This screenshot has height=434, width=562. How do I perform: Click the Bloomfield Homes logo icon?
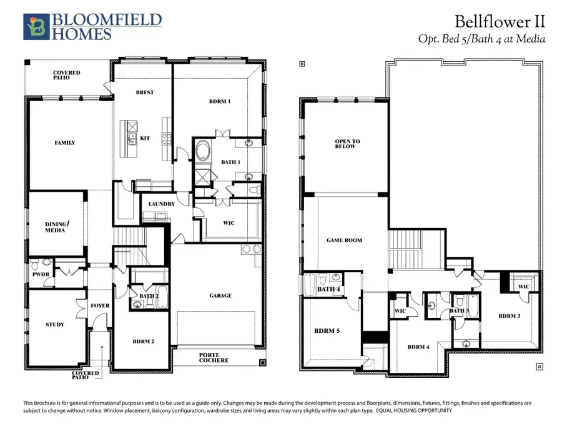(x=35, y=26)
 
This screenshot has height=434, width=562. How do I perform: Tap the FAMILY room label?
(x=65, y=142)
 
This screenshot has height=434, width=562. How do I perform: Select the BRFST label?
(x=144, y=92)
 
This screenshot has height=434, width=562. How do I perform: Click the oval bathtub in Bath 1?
(x=204, y=151)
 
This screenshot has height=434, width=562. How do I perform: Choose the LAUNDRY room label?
(x=161, y=204)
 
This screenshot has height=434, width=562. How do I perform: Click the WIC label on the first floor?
(x=229, y=223)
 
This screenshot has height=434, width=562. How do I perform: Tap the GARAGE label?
(x=220, y=295)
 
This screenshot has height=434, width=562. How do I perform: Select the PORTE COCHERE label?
(x=214, y=357)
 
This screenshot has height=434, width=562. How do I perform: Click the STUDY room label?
(x=55, y=324)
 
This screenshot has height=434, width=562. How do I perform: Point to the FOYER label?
(x=100, y=305)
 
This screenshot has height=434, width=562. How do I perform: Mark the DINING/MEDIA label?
(x=56, y=227)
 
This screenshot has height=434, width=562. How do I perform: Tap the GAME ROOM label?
(x=345, y=240)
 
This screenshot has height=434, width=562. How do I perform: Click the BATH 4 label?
(x=329, y=289)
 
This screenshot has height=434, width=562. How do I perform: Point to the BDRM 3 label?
(x=510, y=316)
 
